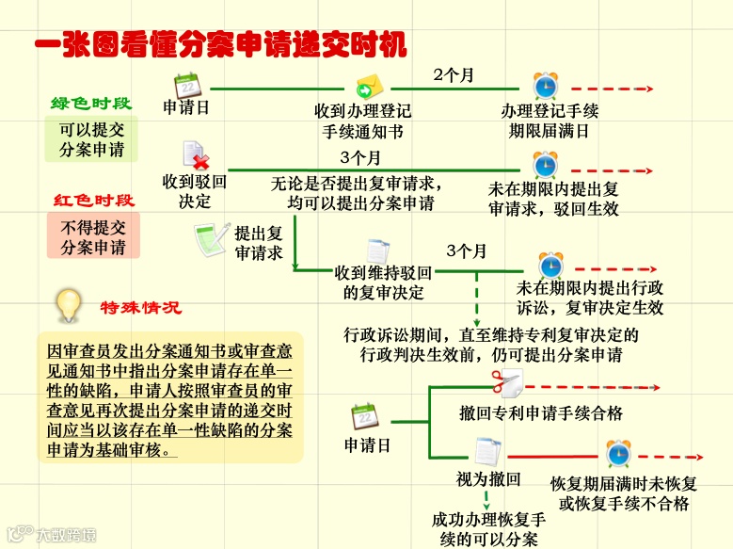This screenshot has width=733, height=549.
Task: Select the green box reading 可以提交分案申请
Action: coord(91,138)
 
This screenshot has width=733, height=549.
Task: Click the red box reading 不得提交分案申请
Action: coord(93,236)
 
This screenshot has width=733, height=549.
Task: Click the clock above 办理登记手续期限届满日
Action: coord(545,87)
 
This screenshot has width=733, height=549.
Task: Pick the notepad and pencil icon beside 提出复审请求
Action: coord(212,238)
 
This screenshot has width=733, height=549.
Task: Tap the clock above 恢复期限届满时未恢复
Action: coord(618,455)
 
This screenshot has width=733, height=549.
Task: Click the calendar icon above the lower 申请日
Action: coord(365,416)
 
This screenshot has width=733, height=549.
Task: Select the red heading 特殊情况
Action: coord(141,307)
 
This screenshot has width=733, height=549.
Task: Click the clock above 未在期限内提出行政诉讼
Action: coord(550,265)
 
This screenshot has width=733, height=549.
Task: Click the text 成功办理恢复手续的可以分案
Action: coord(489,529)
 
